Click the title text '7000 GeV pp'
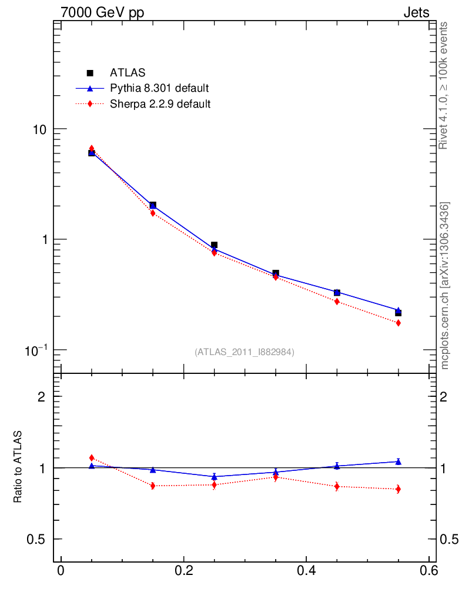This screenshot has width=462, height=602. (x=103, y=12)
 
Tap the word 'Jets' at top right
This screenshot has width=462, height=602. (x=416, y=12)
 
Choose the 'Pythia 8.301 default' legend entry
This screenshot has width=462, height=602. (x=159, y=89)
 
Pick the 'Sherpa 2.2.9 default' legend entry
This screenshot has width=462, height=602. (x=160, y=105)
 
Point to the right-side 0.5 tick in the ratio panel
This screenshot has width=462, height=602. (x=451, y=540)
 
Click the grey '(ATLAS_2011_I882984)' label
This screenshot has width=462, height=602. (x=245, y=352)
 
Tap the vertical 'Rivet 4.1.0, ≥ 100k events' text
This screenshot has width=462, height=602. (x=444, y=86)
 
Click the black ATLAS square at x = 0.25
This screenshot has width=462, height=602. (x=214, y=245)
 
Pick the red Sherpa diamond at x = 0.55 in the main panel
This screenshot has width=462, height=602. (x=398, y=323)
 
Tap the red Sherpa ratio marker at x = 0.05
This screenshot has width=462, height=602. (x=92, y=457)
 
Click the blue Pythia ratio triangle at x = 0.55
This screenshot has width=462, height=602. (x=398, y=461)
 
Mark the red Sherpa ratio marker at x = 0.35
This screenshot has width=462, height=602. (x=276, y=477)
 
